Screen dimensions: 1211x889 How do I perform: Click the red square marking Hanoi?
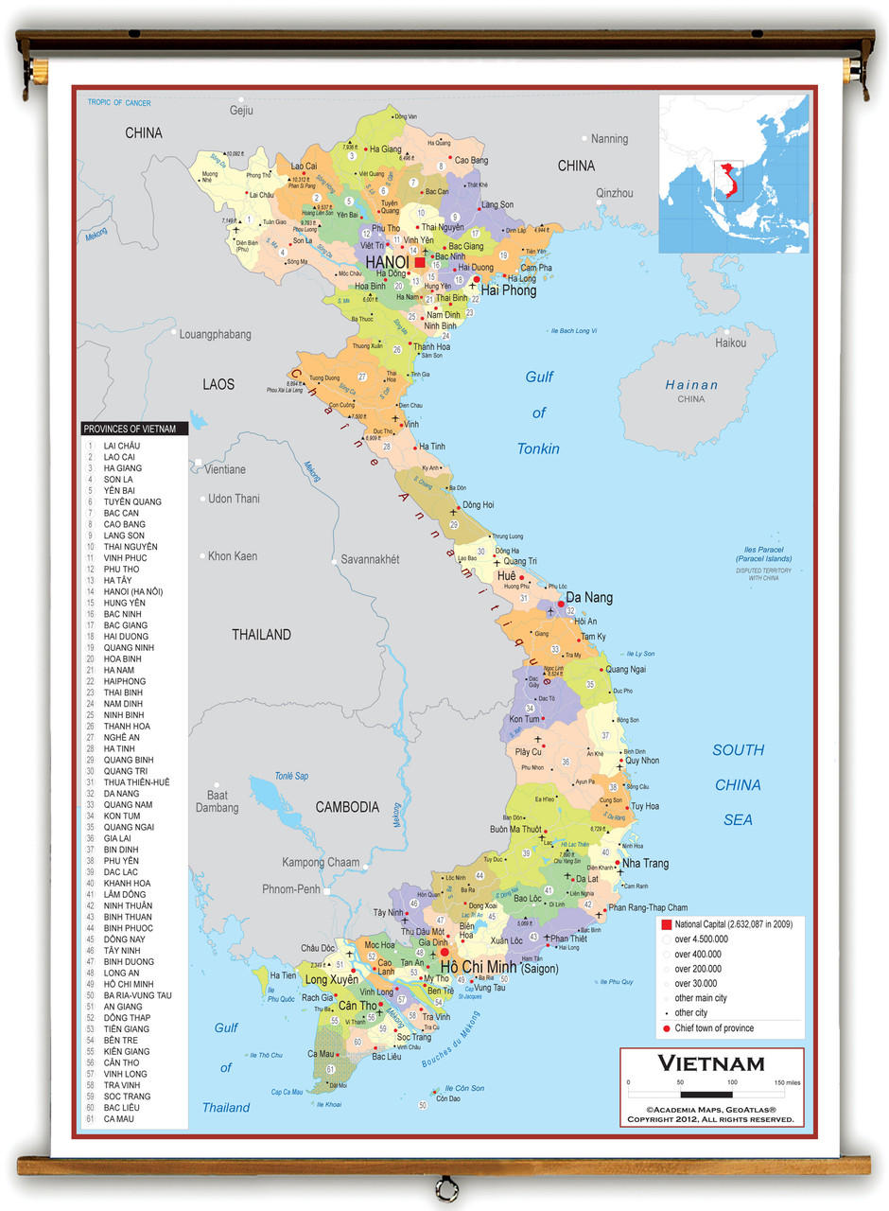pos(420,262)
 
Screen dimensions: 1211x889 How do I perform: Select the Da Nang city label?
pos(588,598)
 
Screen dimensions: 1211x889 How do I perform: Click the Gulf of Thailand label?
pos(226,1067)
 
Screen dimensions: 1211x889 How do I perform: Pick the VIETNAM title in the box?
pos(710,1063)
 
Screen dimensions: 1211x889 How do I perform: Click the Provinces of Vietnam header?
pos(133,429)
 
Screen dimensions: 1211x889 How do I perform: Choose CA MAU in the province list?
pos(118,1118)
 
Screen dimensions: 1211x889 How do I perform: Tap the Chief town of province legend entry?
pos(713,1027)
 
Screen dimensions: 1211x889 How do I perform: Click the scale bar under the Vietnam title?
pos(712,1090)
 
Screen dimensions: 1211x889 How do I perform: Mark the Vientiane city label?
pos(225,469)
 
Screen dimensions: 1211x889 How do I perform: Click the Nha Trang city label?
pos(644,863)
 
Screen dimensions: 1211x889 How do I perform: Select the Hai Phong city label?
pos(508,290)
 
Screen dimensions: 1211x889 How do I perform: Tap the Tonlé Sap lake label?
pos(290,776)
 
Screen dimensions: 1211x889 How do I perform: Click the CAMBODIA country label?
pos(346,807)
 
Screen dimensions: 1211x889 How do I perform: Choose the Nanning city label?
pos(608,139)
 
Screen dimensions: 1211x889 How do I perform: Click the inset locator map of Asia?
pos(734,172)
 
